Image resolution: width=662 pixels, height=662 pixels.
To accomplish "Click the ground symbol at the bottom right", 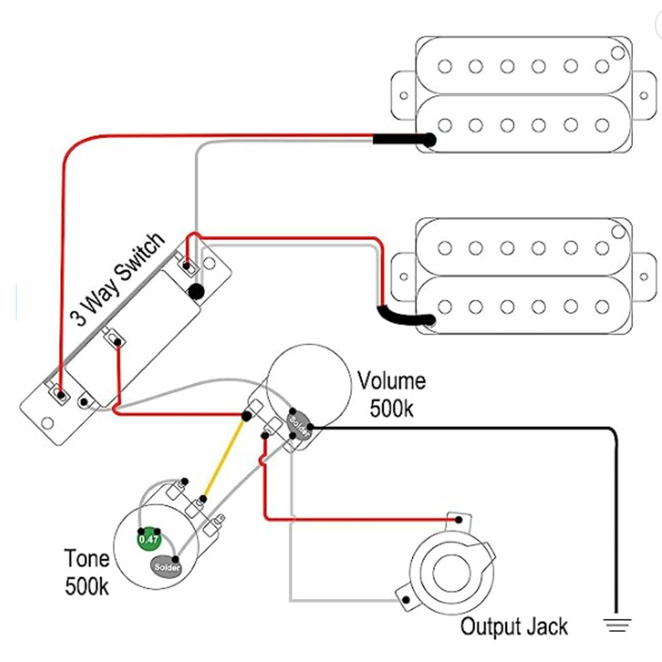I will [617, 624].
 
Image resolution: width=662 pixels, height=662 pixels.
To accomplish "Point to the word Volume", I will [391, 381].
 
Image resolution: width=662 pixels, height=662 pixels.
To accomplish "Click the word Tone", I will [87, 559].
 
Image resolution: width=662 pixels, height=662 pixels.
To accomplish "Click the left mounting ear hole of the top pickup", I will [403, 95].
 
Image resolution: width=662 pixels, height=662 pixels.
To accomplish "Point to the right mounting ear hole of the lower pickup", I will [644, 277].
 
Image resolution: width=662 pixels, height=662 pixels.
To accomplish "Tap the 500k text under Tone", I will [87, 586].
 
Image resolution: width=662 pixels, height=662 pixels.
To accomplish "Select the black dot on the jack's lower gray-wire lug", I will [405, 599].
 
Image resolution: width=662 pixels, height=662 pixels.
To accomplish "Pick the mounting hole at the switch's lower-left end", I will [47, 423].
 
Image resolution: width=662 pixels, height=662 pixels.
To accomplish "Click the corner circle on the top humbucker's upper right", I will [618, 52].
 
